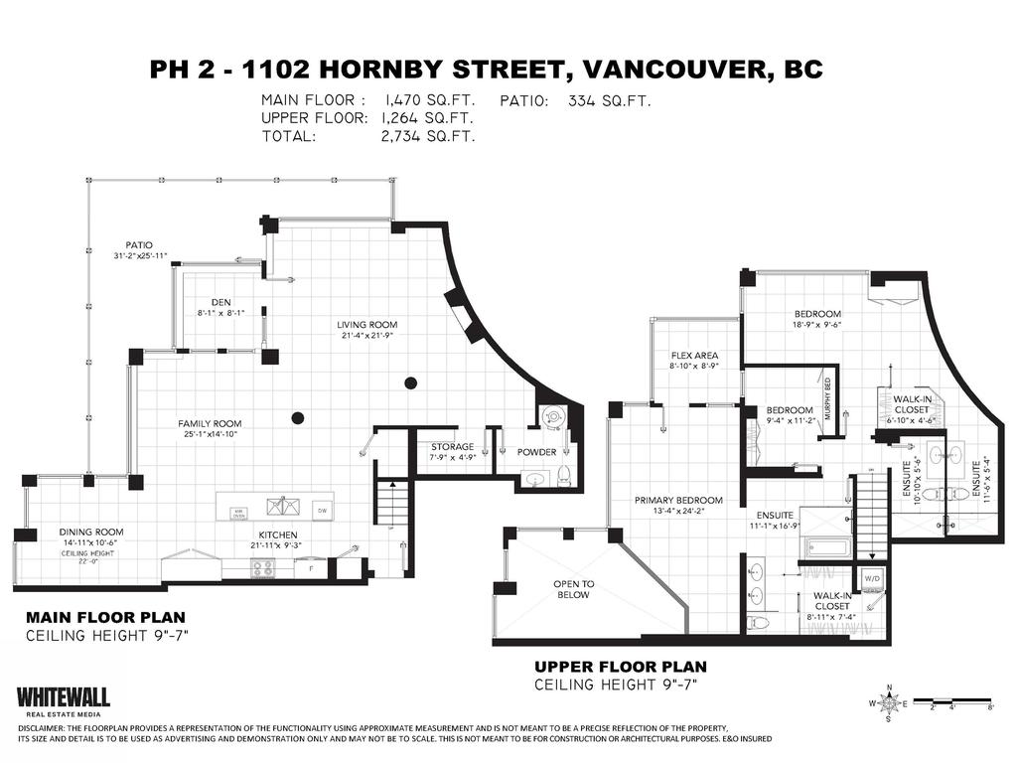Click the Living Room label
[x=367, y=325]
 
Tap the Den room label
[x=220, y=303]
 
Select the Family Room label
[x=210, y=423]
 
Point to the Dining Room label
[x=90, y=532]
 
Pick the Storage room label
[x=452, y=447]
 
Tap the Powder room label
[x=536, y=452]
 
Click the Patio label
[x=139, y=243]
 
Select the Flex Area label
[x=694, y=356]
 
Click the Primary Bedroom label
[x=678, y=500]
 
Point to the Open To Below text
[x=573, y=589]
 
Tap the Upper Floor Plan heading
[x=621, y=667]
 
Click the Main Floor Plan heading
[x=105, y=616]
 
